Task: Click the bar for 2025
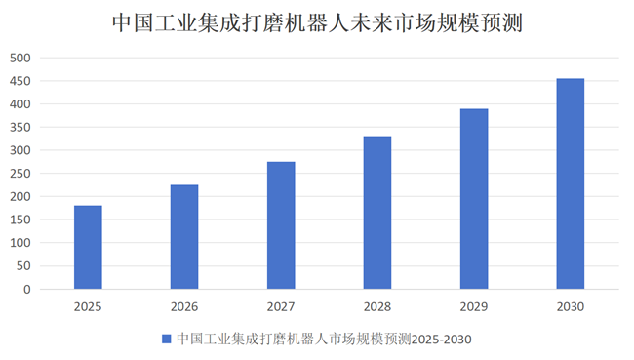88,248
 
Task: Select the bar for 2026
184,237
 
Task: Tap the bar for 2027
281,225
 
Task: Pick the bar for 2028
377,213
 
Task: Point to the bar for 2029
474,199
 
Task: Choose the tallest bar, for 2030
571,183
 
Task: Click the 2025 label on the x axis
88,306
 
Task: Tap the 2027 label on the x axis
281,306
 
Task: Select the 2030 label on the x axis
571,306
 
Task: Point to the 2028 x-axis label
377,306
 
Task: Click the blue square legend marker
166,339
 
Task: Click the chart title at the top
317,22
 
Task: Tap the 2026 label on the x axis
184,306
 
